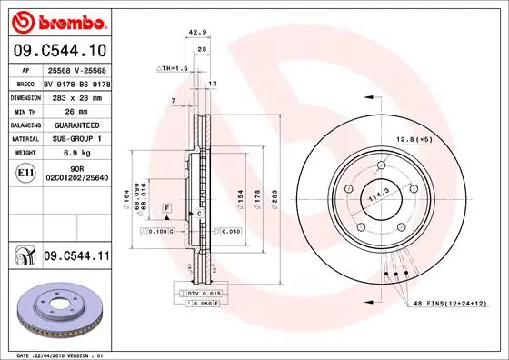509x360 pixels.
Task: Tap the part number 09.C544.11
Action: tap(75, 258)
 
